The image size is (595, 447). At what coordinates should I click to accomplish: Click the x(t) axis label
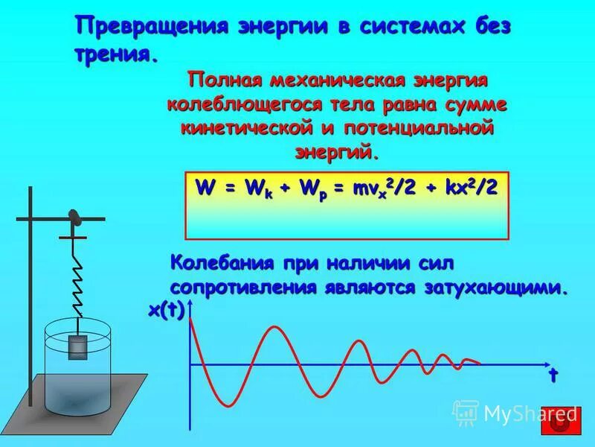166,311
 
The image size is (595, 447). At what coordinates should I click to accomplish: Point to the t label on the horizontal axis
553,375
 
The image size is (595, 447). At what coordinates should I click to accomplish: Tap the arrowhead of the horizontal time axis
549,364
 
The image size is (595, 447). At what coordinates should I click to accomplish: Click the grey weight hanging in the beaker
77,346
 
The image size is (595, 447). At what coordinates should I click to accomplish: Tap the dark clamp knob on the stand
74,217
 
